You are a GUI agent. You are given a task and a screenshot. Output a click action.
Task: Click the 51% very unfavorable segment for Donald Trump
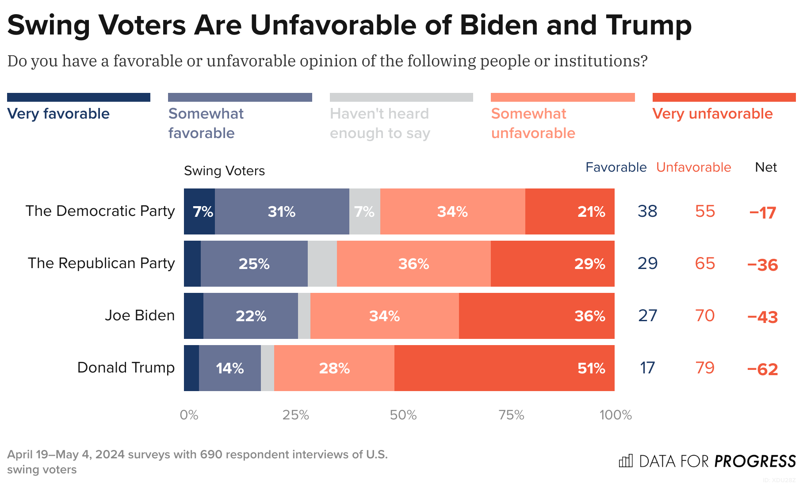(504, 368)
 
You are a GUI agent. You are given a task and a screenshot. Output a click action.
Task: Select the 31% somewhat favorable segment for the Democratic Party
(282, 211)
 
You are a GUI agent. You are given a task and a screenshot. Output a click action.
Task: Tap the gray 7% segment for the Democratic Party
(364, 211)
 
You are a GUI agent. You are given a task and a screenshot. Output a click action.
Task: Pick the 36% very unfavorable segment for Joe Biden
(536, 316)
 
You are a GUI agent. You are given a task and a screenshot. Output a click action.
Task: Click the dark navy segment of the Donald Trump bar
(191, 368)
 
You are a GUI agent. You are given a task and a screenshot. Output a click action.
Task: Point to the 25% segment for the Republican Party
(254, 264)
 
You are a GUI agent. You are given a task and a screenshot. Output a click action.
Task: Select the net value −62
(762, 369)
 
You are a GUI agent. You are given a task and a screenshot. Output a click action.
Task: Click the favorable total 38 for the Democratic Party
(647, 211)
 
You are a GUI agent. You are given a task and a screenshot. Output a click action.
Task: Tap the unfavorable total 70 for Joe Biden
(704, 316)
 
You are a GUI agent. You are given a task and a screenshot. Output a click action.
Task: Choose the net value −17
(762, 212)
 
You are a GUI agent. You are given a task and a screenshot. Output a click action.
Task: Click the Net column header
(766, 167)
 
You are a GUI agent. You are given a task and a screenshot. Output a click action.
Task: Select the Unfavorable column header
(693, 167)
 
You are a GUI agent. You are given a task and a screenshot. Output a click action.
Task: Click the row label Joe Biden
(140, 315)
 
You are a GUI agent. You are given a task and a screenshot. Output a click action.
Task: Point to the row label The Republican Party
(101, 263)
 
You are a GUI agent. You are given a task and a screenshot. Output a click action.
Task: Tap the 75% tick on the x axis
(511, 415)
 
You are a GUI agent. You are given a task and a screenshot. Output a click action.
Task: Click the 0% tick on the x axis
(189, 415)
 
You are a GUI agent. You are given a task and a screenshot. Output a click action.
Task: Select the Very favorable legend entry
(58, 114)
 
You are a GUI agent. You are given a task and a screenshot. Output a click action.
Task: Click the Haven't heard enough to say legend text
(380, 123)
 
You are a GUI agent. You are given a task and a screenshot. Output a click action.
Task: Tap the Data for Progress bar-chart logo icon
(626, 461)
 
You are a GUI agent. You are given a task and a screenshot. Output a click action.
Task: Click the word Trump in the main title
(649, 25)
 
